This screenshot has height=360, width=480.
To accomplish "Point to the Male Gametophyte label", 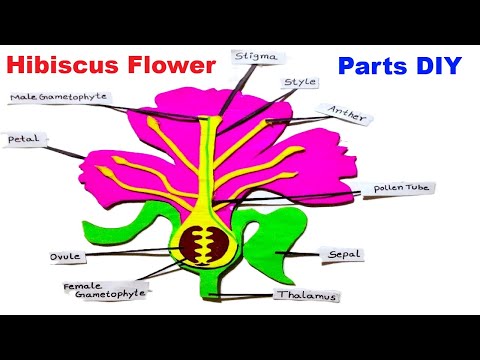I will coord(58,97).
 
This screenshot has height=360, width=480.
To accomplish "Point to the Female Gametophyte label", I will coord(105,290).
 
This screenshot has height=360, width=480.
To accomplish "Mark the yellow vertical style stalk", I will coord(211,170).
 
